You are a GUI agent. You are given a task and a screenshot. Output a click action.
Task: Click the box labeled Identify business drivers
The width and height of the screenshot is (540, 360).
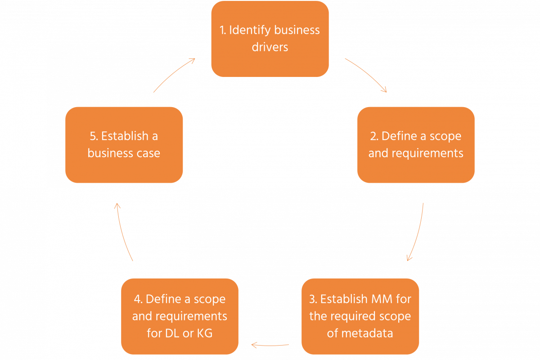point(270,39)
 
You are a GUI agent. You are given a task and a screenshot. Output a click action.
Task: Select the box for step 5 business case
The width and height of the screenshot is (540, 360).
point(124,144)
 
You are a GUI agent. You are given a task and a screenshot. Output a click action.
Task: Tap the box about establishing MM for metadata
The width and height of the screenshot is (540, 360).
point(360,316)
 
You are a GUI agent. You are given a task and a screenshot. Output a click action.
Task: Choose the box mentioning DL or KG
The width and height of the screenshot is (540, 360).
point(180,316)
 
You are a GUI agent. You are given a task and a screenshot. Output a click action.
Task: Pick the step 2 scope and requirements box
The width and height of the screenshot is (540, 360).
point(416,144)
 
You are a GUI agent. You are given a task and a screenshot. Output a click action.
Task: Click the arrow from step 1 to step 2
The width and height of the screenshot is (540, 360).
point(366,75)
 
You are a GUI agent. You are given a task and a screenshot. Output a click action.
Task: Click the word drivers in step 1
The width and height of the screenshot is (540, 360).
point(270,47)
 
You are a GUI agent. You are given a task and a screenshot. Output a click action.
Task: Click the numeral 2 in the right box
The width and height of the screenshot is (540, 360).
point(372,136)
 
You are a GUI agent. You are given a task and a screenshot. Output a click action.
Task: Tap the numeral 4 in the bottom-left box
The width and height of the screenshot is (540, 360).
point(137,299)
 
